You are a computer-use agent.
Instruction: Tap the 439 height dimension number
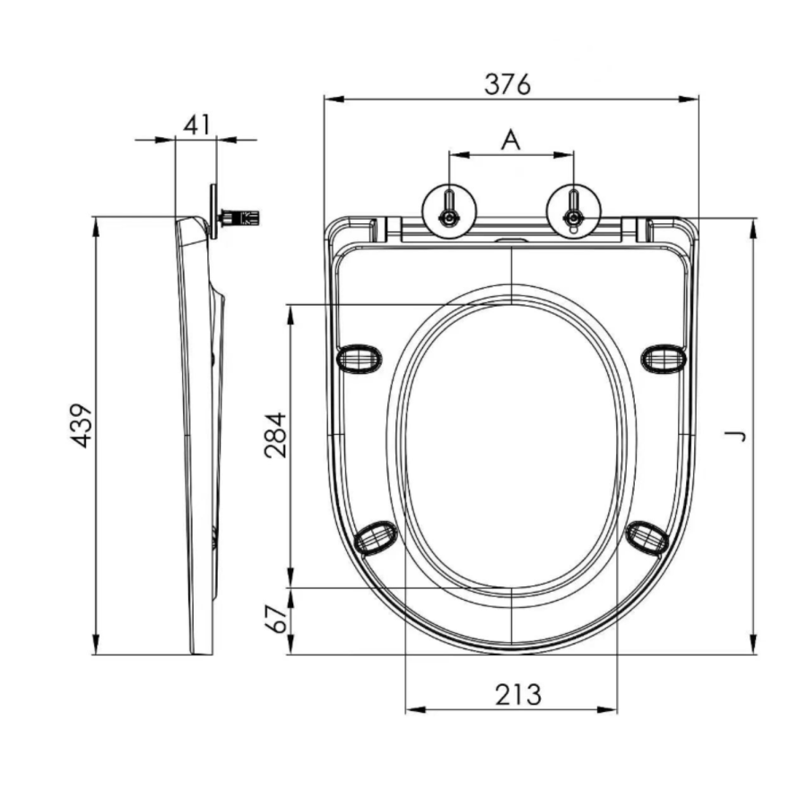pyautogui.click(x=82, y=426)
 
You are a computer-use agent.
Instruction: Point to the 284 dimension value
pyautogui.click(x=275, y=434)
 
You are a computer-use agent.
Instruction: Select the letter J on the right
pyautogui.click(x=737, y=435)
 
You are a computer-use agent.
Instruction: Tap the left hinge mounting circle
pyautogui.click(x=447, y=213)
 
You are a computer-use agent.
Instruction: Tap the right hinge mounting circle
pyautogui.click(x=571, y=213)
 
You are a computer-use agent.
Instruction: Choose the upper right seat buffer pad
pyautogui.click(x=663, y=359)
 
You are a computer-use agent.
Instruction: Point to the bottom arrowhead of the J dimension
pyautogui.click(x=753, y=646)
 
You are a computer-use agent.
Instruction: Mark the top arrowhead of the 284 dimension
pyautogui.click(x=290, y=312)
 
